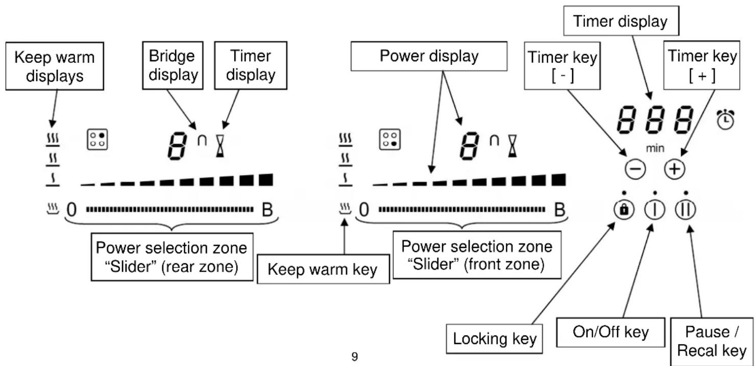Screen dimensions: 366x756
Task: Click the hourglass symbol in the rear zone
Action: (x=220, y=146)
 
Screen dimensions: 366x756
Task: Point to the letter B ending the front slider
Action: (x=560, y=210)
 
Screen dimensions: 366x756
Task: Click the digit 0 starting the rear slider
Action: (x=72, y=210)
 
